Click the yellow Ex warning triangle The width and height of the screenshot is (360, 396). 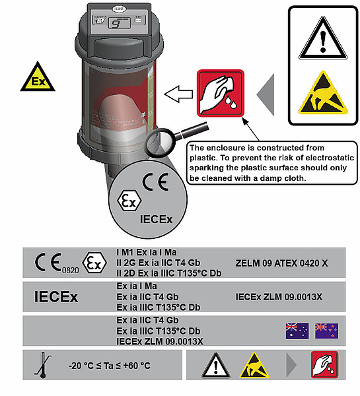coord(38,77)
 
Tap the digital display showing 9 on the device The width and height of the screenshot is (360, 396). coord(119,24)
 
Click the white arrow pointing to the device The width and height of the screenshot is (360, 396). coord(178,94)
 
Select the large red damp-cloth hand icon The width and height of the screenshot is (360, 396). coord(221,93)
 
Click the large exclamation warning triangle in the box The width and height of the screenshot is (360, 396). coord(323,38)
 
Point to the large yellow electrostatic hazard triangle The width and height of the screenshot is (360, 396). coord(323,93)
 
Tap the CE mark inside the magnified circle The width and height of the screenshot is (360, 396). coord(155,182)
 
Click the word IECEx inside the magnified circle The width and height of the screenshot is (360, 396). coord(157,219)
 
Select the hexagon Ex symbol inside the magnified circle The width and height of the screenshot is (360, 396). coord(129,201)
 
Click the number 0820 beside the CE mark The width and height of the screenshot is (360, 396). coord(71,270)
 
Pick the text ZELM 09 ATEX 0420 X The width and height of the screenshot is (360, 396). coord(281,263)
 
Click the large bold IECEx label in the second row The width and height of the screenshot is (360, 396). coord(56,297)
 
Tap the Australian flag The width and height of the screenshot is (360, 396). coord(297,331)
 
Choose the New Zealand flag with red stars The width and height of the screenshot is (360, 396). coord(326,331)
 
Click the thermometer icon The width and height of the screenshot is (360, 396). coord(42,365)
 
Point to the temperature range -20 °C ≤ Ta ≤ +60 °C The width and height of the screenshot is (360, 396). coord(110,366)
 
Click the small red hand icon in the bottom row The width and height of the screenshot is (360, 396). coord(324,364)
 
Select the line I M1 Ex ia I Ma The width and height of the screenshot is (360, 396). coord(147,252)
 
